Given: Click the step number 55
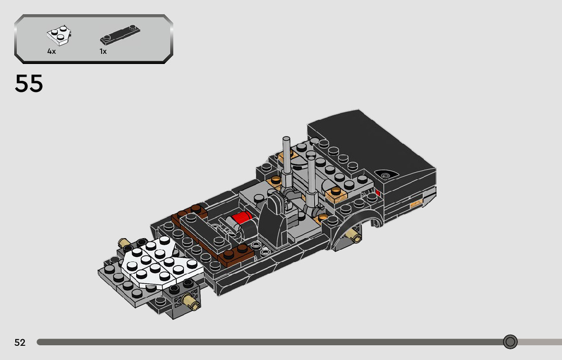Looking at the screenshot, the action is tap(28, 83).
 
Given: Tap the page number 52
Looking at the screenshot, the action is tap(20, 342).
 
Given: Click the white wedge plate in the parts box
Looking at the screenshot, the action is tap(59, 36).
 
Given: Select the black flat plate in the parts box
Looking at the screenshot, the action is tap(120, 35).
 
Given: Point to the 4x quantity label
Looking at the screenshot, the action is tap(52, 51).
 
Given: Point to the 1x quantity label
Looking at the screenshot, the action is tap(103, 51).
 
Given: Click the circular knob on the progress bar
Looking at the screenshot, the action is tap(510, 342).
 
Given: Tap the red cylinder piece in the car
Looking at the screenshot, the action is tap(242, 217).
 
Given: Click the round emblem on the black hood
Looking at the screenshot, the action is tap(385, 175).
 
